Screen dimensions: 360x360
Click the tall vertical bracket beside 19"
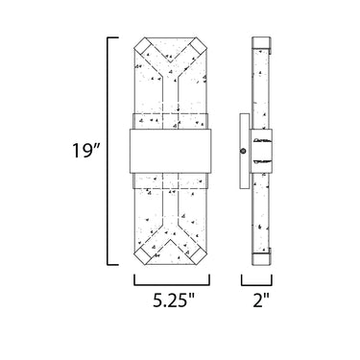coord(108,151)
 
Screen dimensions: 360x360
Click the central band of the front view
coord(171,151)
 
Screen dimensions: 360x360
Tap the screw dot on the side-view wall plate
coord(244,151)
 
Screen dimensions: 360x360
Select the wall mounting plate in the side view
coord(245,151)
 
